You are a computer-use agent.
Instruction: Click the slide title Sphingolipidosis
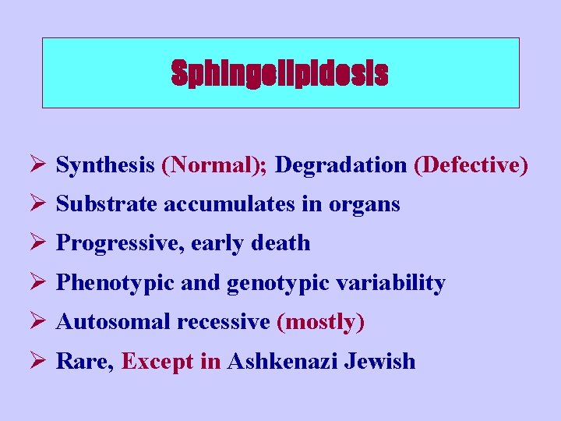pyautogui.click(x=280, y=73)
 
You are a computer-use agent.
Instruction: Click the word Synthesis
pyautogui.click(x=106, y=165)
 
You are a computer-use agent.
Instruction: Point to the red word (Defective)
pyautogui.click(x=471, y=165)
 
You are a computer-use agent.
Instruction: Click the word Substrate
pyautogui.click(x=107, y=204)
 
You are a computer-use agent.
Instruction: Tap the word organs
pyautogui.click(x=365, y=205)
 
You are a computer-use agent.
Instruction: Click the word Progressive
pyautogui.click(x=115, y=244)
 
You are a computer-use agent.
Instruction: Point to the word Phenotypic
pyautogui.click(x=115, y=283)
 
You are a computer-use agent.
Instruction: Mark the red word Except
pyautogui.click(x=161, y=362)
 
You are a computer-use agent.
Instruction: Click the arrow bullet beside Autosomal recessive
pyautogui.click(x=43, y=321)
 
